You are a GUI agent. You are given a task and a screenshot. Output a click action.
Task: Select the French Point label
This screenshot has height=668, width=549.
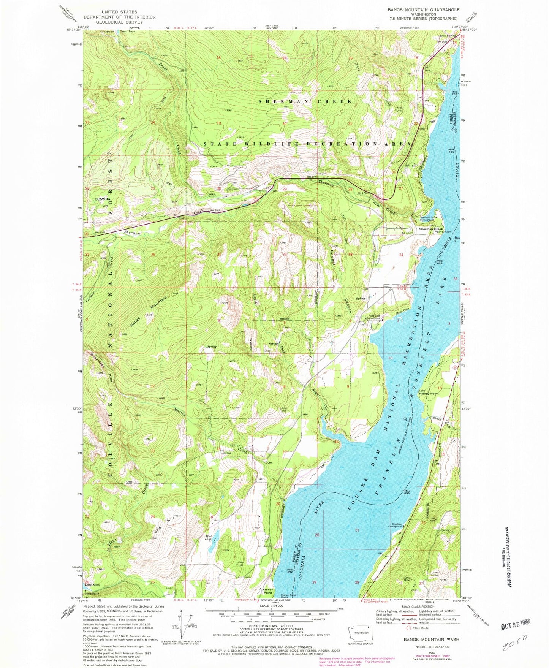pyautogui.click(x=268, y=591)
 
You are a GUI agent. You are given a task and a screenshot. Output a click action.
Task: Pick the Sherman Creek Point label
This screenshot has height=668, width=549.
pyautogui.click(x=431, y=229)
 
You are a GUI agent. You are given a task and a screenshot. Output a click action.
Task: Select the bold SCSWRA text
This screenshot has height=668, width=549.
pyautogui.click(x=103, y=199)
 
